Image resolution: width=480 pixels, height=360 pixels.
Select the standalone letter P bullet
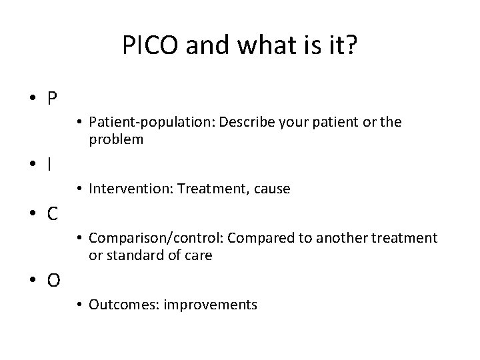(x=52, y=99)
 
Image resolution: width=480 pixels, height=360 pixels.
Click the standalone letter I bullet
(x=51, y=164)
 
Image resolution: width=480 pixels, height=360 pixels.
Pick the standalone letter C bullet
(x=52, y=214)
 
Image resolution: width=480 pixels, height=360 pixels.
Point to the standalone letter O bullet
(x=53, y=281)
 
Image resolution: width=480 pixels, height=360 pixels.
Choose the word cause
(x=271, y=189)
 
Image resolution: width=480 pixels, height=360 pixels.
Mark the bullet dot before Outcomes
(x=79, y=305)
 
